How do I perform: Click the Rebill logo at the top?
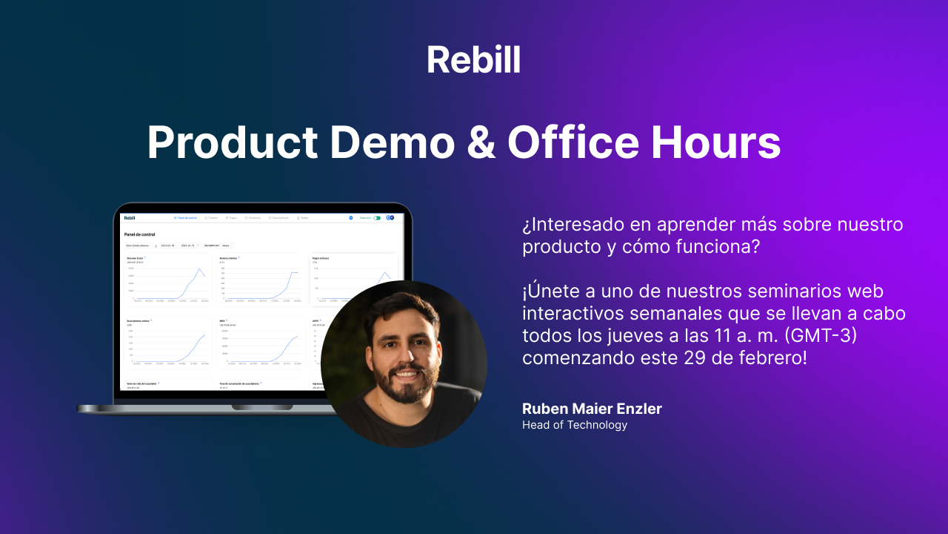tap(473, 59)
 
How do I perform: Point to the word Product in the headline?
tap(233, 142)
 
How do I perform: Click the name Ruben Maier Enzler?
tap(592, 409)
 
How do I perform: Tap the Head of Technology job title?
tap(575, 425)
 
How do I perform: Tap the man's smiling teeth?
tap(405, 372)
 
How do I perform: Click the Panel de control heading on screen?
tap(139, 234)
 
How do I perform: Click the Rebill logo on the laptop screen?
tap(130, 218)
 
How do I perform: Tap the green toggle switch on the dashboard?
tap(377, 218)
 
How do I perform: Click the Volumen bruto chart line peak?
tap(199, 268)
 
